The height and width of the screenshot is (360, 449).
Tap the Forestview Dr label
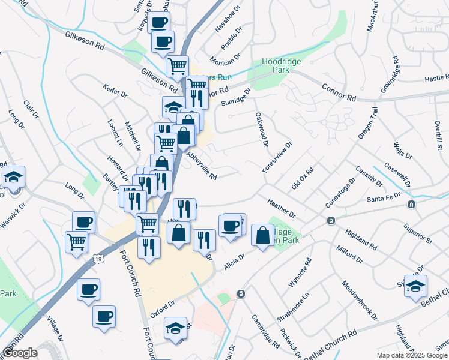coord(277,157)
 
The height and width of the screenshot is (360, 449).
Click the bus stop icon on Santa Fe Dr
coord(411,205)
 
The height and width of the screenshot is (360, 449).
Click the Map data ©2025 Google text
coord(411,355)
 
